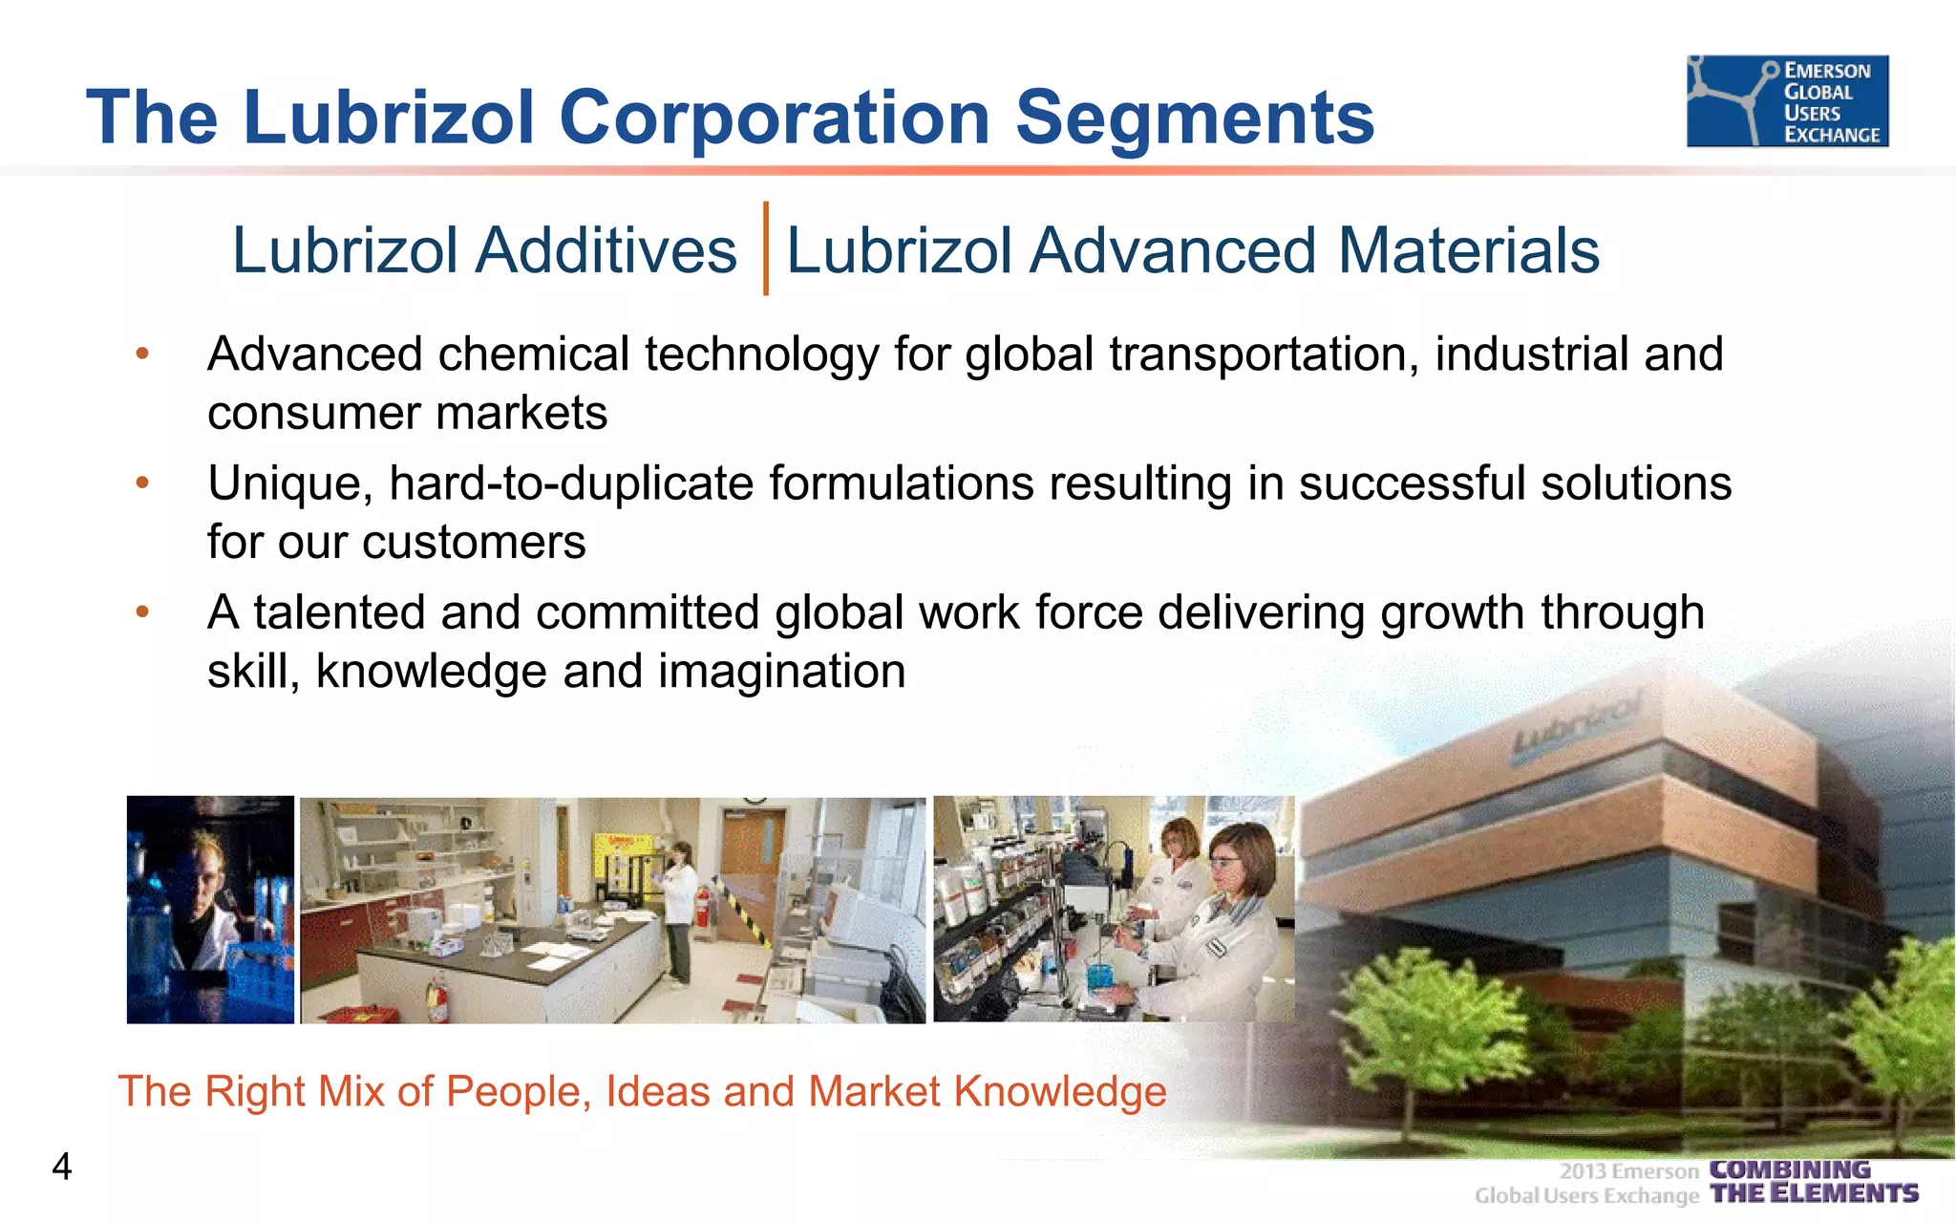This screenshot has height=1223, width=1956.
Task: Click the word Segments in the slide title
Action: tap(1194, 118)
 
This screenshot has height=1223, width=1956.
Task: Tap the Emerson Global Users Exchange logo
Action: tap(1787, 101)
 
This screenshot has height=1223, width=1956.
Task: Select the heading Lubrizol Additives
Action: tap(484, 250)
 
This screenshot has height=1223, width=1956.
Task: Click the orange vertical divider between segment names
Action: tap(765, 248)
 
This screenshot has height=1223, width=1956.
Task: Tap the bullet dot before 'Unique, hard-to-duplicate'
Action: tap(142, 483)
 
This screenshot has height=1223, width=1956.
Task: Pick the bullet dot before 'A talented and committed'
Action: tap(142, 611)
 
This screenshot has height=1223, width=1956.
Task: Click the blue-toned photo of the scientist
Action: tap(210, 910)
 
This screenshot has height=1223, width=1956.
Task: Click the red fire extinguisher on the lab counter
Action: tap(436, 998)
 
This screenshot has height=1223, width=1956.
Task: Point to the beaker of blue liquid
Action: tap(1100, 976)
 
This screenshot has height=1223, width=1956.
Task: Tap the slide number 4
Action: tap(62, 1167)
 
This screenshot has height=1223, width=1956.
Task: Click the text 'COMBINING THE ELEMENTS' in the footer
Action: tap(1813, 1182)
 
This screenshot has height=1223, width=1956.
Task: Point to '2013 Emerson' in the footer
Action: tap(1628, 1171)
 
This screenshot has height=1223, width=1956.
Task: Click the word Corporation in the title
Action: tap(775, 118)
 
